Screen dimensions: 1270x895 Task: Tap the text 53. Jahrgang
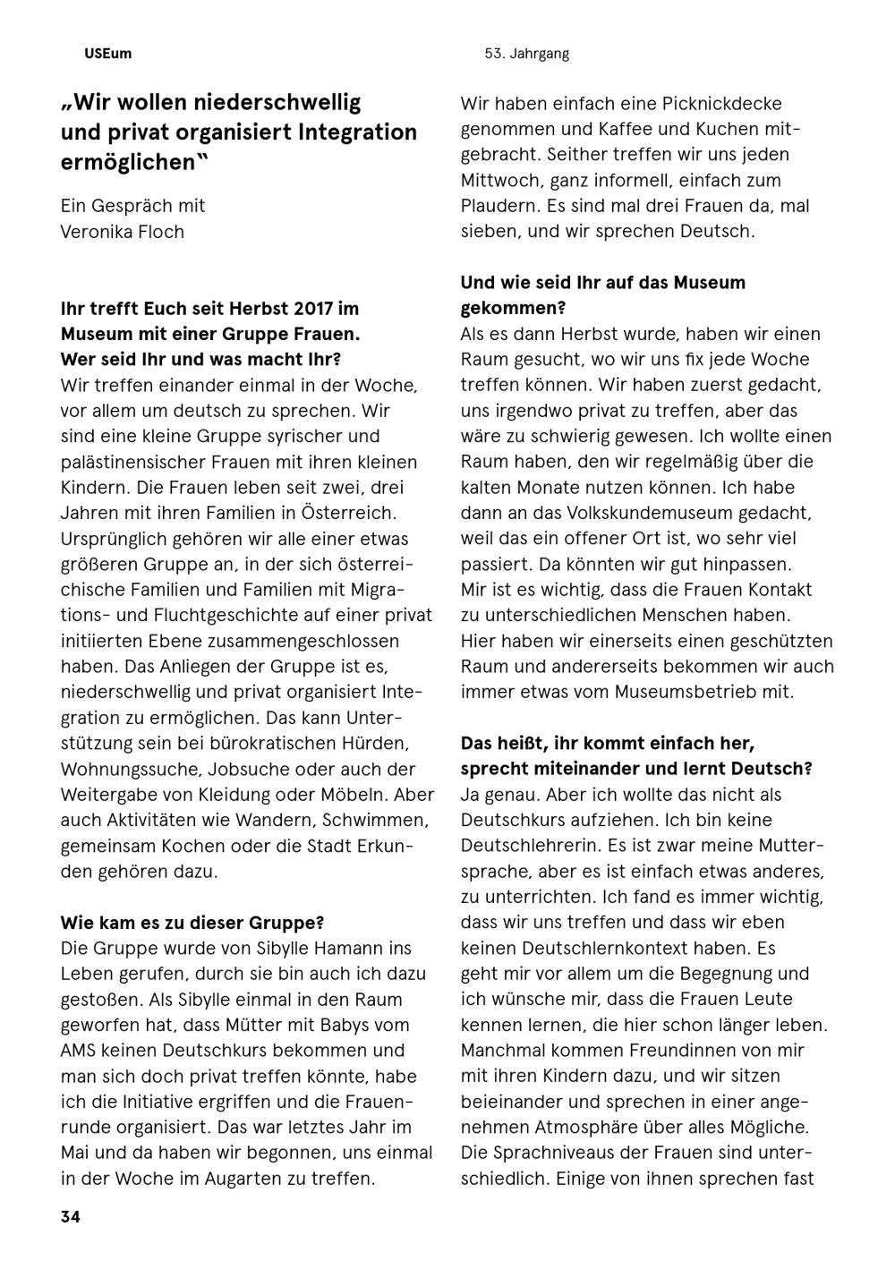pos(526,54)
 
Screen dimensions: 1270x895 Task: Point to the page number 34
pos(71,1217)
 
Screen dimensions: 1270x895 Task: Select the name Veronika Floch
pos(123,232)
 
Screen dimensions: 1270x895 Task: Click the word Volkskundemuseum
pos(688,514)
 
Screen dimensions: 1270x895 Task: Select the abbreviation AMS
pos(79,1051)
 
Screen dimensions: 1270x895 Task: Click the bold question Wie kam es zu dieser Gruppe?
pos(192,923)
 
